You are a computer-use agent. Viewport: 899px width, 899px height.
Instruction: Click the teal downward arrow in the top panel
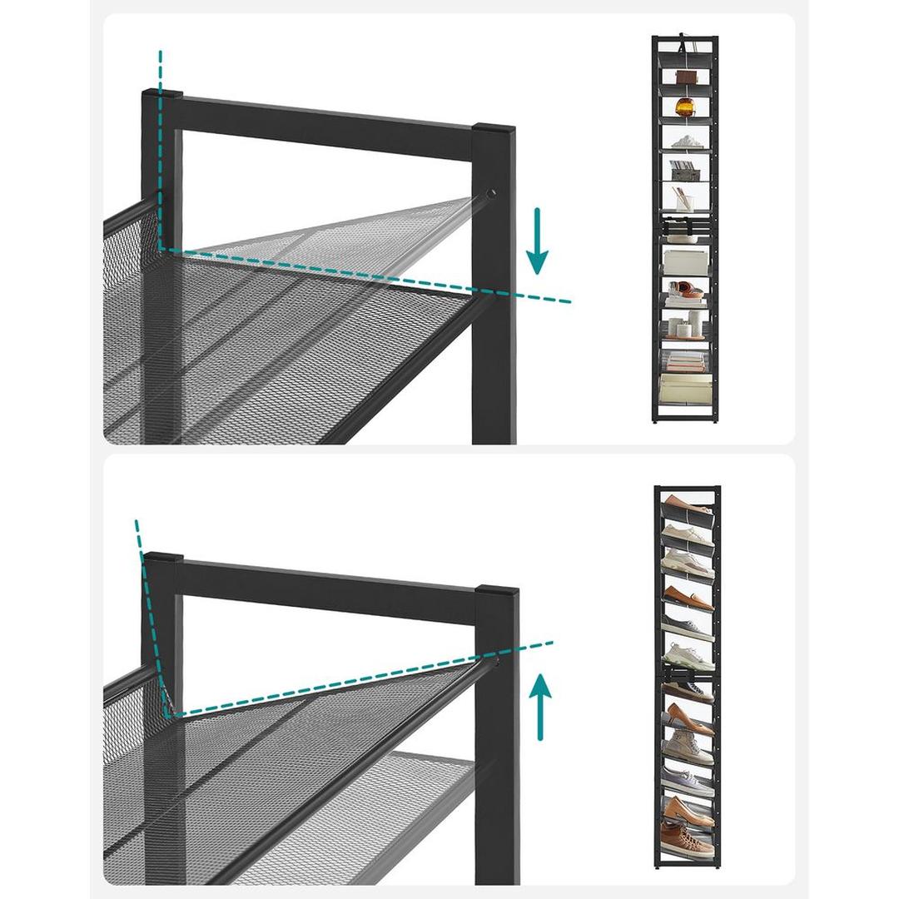coord(538,241)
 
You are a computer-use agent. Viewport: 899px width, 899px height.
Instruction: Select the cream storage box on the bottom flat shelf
coord(686,389)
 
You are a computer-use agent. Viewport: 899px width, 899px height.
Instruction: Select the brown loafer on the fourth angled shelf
coord(688,596)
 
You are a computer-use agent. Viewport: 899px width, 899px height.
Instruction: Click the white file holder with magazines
coord(686,171)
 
